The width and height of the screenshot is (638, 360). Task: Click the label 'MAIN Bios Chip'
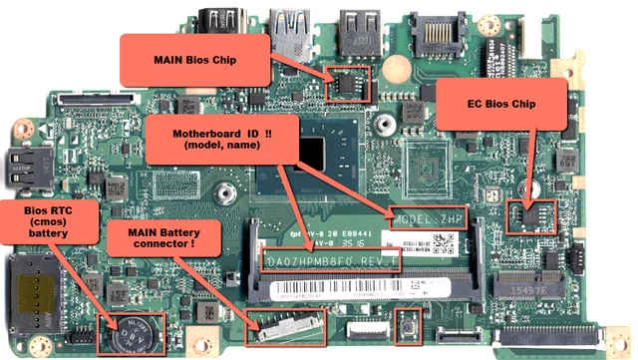(x=194, y=58)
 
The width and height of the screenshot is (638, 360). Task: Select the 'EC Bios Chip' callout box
(x=501, y=103)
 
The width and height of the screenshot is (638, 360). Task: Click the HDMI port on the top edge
(x=225, y=19)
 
